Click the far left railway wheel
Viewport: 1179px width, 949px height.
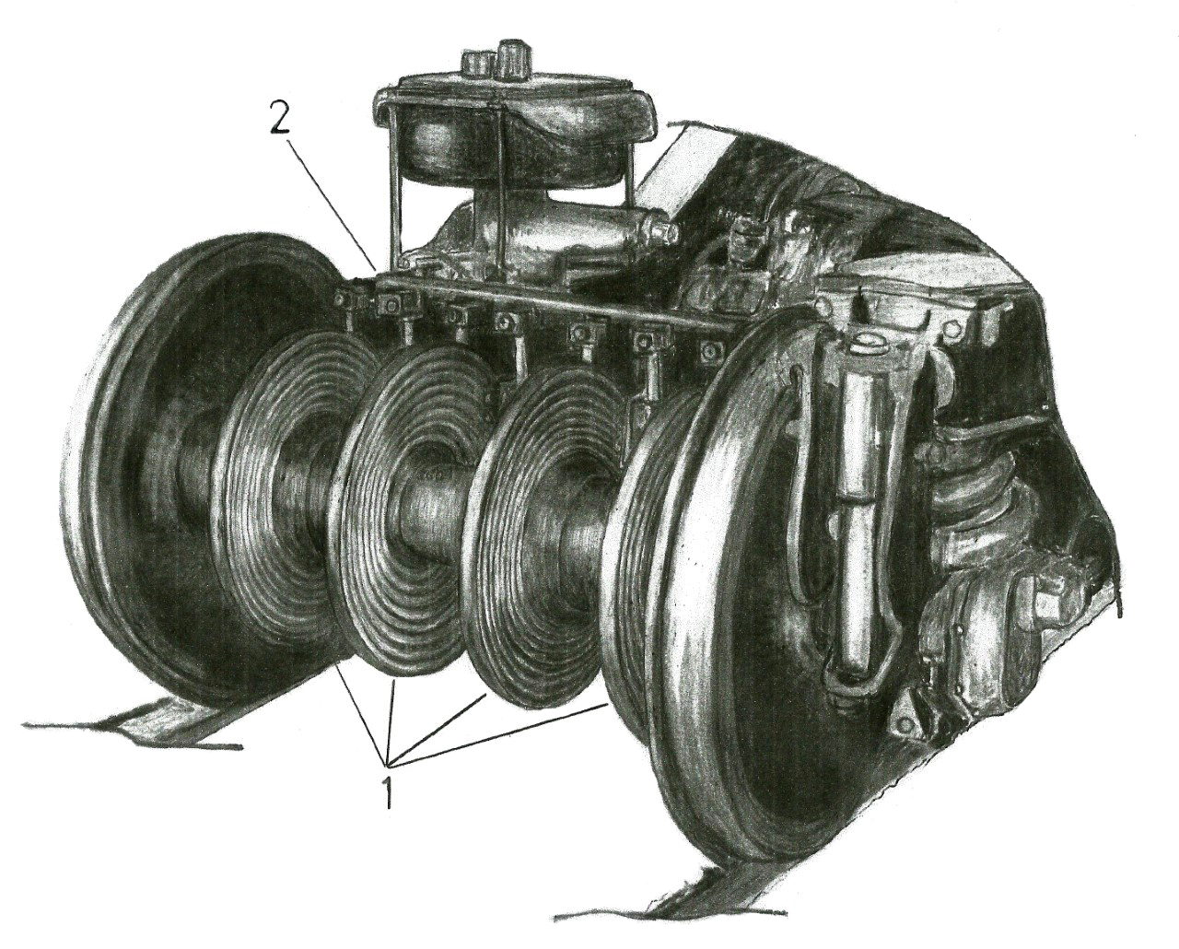tap(181, 472)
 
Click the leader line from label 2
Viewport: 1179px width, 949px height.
tap(331, 199)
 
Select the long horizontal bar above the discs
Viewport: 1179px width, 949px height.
tap(548, 304)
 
